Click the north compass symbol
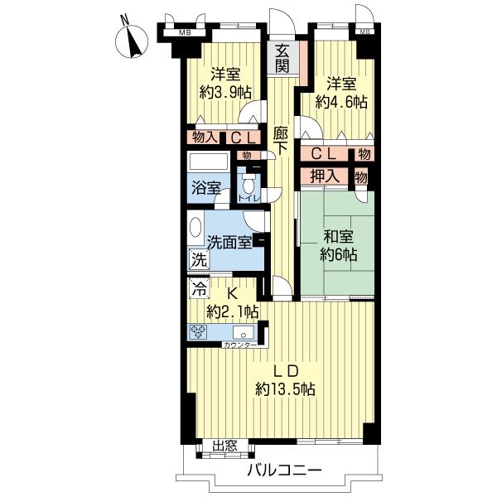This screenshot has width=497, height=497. coord(132,41)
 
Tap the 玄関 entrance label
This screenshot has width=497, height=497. coord(282,59)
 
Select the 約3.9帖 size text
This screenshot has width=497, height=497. coord(225,93)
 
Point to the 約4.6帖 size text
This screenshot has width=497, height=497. coord(341,102)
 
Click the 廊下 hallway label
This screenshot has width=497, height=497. coord(281,141)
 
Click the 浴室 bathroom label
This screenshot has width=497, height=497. coord(206,189)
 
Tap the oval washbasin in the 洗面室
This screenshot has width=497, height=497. coord(195,228)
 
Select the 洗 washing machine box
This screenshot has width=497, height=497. coord(200,259)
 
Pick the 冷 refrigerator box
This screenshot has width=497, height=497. coord(200,288)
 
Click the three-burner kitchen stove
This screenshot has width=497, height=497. coord(198,332)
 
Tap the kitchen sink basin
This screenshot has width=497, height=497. coord(244,332)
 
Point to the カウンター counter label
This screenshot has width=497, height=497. coord(240,345)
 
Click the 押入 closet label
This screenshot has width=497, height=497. coord(325,176)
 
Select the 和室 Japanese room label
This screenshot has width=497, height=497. coord(338,237)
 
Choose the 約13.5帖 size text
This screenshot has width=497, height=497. coord(285,388)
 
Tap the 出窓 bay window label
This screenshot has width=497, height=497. coord(224,446)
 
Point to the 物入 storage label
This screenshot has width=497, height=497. coord(205,138)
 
